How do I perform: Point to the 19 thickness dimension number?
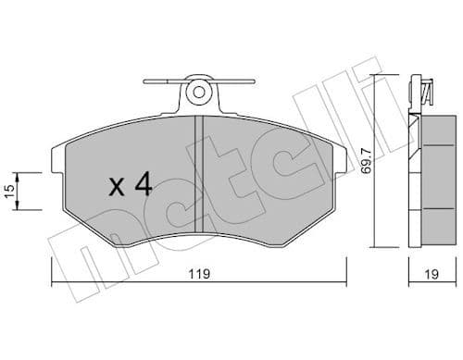point(432,274)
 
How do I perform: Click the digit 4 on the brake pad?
point(142,186)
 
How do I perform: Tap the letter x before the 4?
point(117,188)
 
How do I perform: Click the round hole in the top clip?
point(197,93)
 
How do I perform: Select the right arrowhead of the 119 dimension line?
point(343,282)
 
